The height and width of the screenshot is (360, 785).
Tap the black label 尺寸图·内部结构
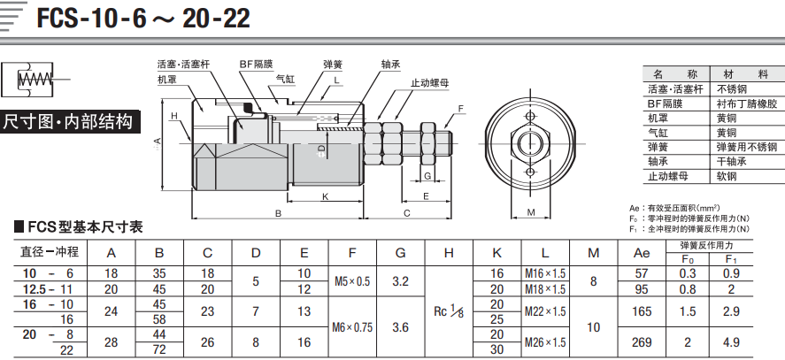pos(68,121)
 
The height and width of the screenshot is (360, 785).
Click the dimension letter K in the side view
pos(326,196)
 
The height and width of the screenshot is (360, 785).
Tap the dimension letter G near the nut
pos(427,175)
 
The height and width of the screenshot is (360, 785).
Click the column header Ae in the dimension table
pos(642,253)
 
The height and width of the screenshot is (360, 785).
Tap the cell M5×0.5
pos(352,281)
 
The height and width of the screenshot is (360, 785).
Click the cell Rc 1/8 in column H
pos(449,311)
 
